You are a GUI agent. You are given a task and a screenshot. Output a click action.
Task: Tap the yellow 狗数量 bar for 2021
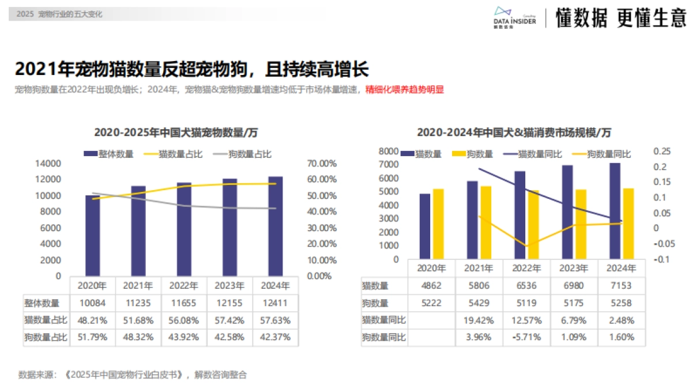[x=486, y=222]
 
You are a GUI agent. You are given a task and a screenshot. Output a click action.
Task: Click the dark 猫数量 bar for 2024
[x=615, y=211]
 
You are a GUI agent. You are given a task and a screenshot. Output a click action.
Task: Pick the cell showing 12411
[x=276, y=303]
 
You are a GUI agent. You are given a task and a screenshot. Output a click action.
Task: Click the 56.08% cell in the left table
[x=184, y=320]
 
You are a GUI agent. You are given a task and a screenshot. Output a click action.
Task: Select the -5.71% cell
[x=526, y=337]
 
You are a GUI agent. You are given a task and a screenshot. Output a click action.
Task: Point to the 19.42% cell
[x=479, y=320]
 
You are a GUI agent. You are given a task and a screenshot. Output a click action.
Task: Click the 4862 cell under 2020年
[x=431, y=285]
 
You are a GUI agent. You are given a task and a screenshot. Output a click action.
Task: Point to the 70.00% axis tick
[x=321, y=164]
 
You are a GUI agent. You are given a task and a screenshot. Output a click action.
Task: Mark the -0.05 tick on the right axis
[x=661, y=243]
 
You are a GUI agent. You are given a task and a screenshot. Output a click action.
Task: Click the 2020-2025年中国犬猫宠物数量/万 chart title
[x=176, y=133]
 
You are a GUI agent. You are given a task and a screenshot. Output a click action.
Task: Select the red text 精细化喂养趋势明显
[x=405, y=90]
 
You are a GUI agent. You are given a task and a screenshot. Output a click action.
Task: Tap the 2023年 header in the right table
[x=574, y=268]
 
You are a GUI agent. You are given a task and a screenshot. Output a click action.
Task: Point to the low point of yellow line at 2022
[x=526, y=246]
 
